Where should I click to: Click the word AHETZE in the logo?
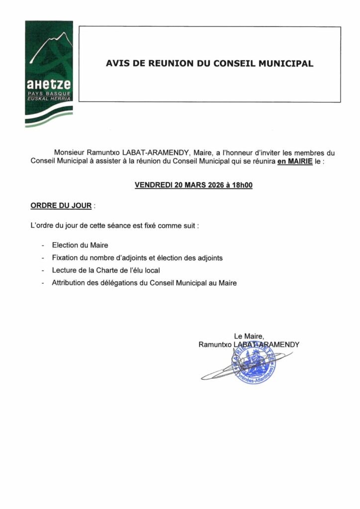coord(49,85)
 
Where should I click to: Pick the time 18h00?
coord(241,185)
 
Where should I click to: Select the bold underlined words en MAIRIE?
coord(295,162)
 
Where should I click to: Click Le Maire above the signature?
coord(249,336)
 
